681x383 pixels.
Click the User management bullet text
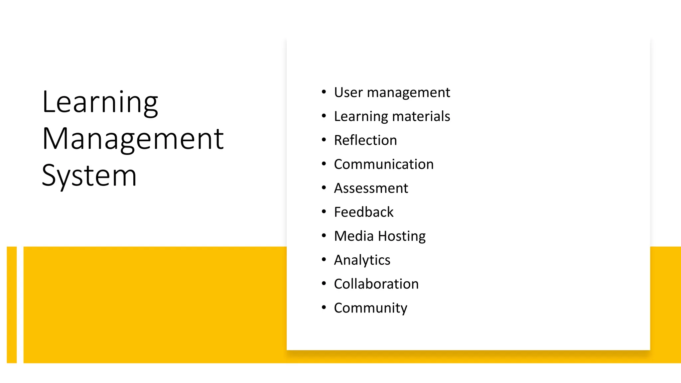click(x=392, y=92)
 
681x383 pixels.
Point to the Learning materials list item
click(x=392, y=116)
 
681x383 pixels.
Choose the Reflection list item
click(x=365, y=140)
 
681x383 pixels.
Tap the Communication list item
click(x=383, y=164)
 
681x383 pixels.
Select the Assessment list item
click(x=371, y=188)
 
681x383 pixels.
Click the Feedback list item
click(x=363, y=212)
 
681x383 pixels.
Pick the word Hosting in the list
click(x=402, y=236)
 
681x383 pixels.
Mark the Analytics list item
click(x=362, y=260)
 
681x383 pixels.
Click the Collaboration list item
click(x=376, y=284)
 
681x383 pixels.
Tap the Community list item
click(x=370, y=308)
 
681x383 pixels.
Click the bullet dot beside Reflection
click(x=324, y=140)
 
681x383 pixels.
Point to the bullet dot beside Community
click(x=324, y=308)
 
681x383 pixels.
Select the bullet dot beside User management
click(x=324, y=92)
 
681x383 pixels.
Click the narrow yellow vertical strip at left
click(x=12, y=305)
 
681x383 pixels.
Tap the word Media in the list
click(x=354, y=236)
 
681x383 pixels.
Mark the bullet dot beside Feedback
click(x=324, y=212)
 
